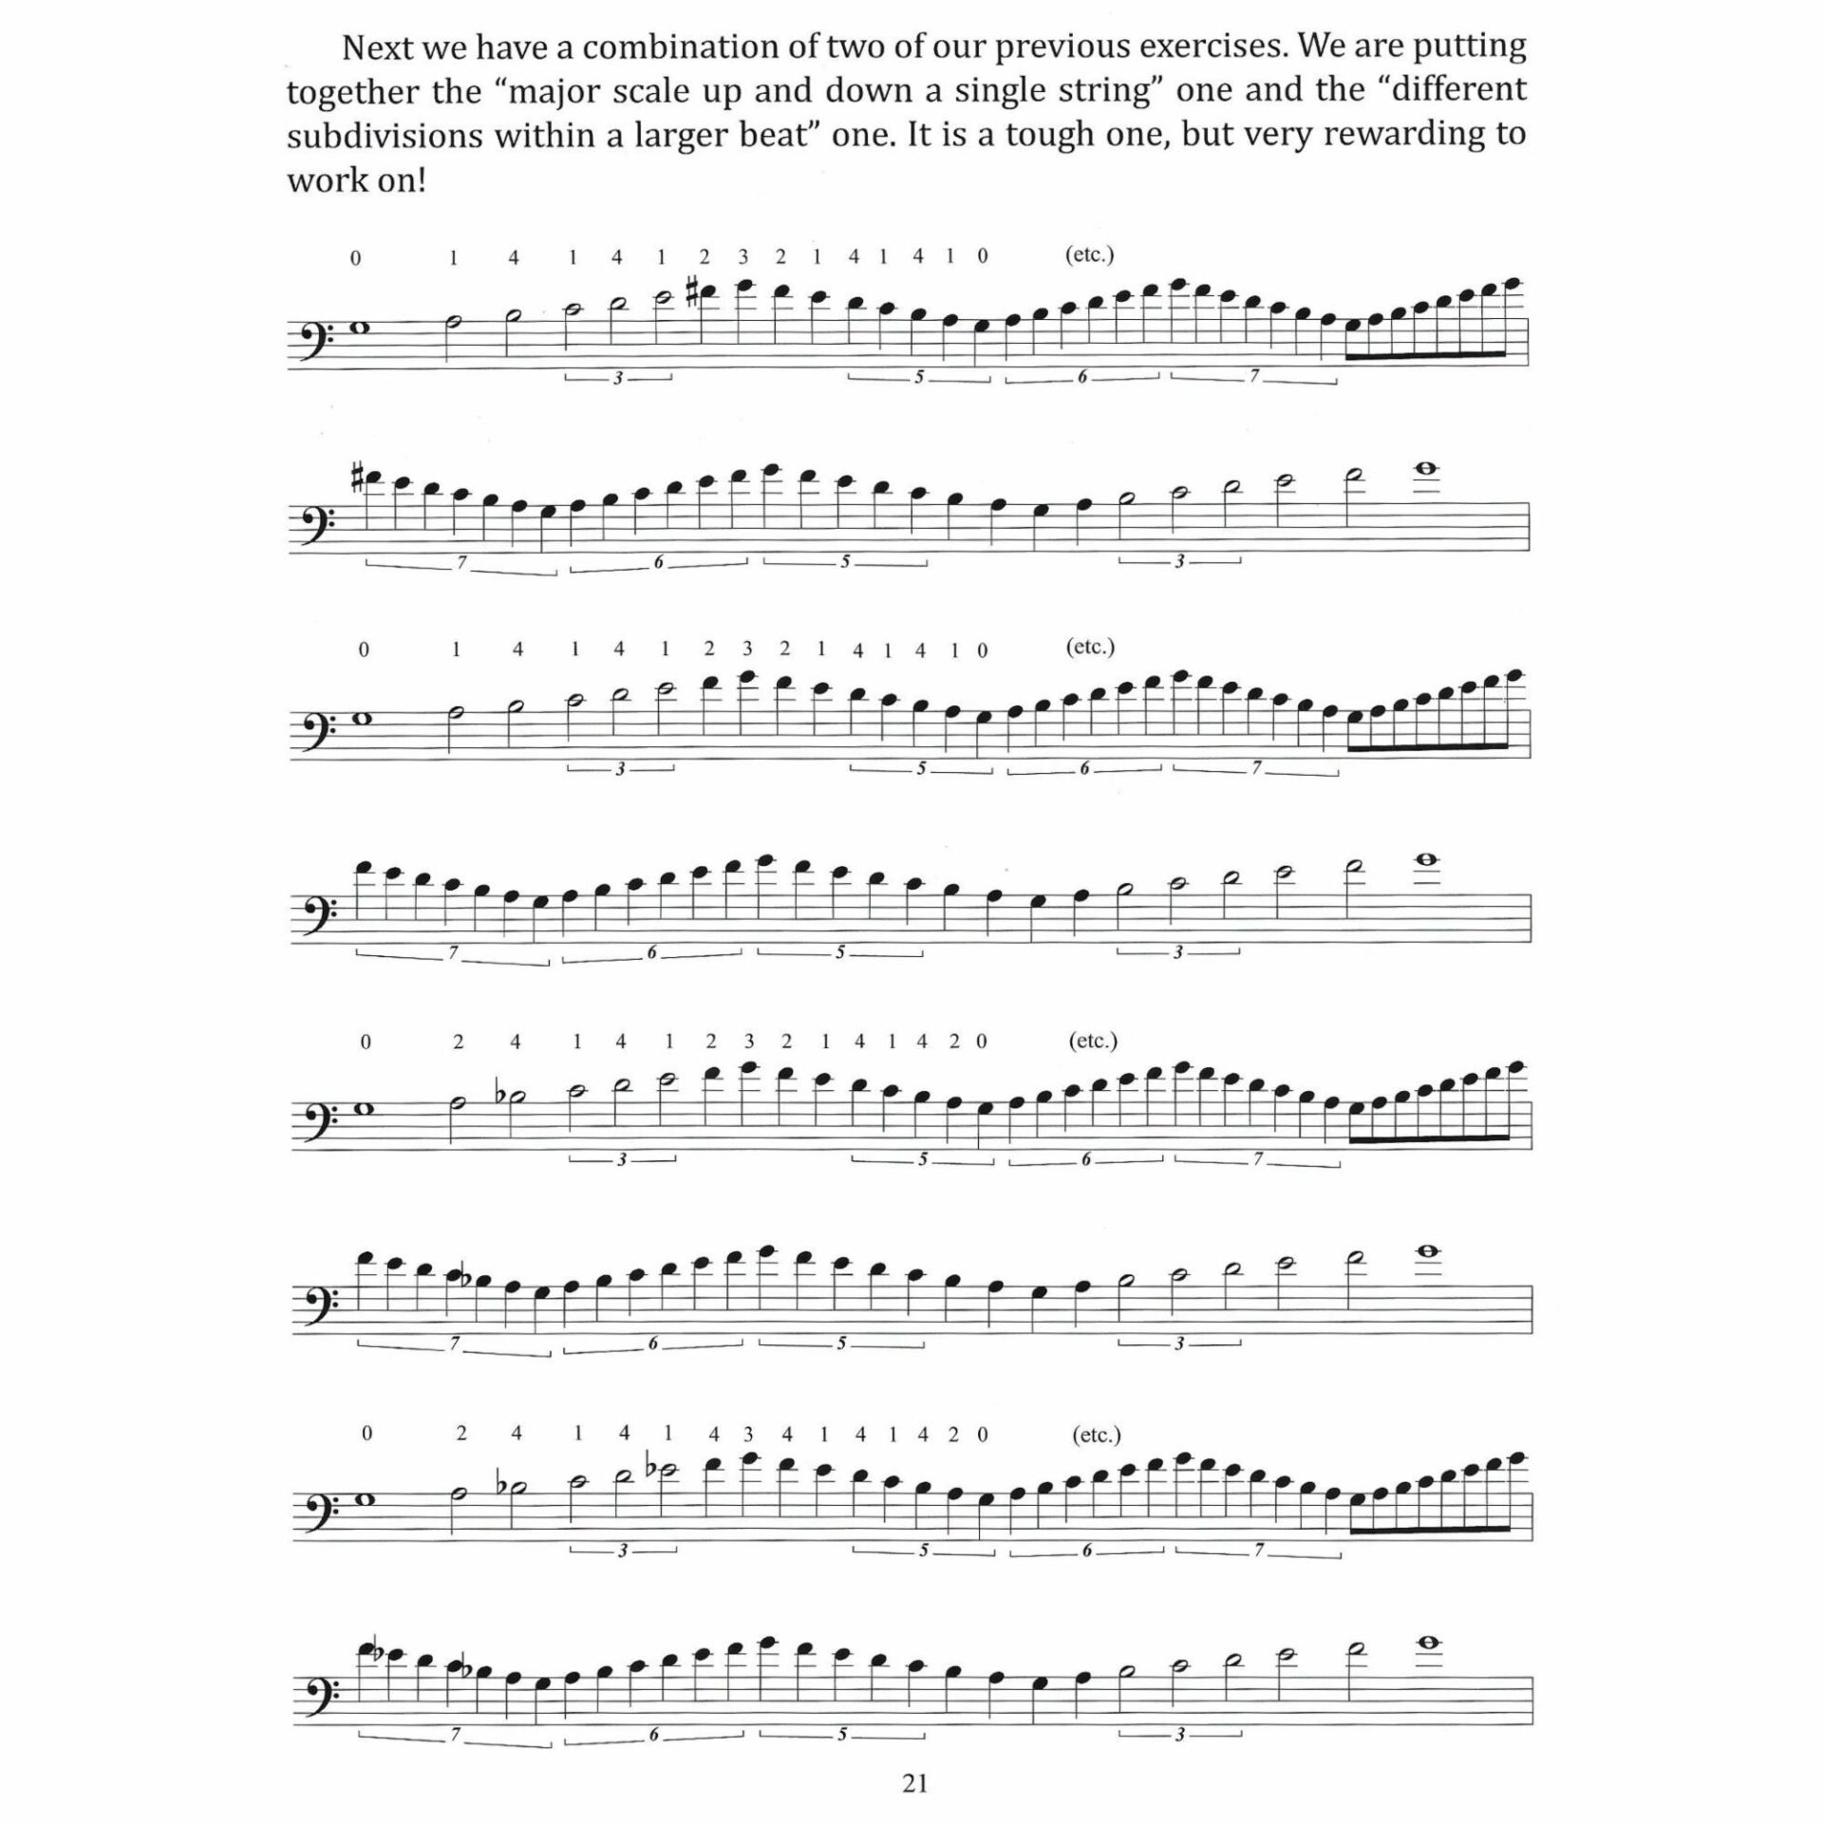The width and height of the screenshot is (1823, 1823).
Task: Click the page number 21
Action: pos(914,1783)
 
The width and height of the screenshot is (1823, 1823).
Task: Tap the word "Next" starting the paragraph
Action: pos(384,46)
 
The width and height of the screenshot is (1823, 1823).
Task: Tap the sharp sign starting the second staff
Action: pos(357,479)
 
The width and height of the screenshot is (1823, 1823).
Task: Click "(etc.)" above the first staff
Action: pos(1089,254)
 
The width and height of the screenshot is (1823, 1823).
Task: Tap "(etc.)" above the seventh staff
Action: pos(1097,1434)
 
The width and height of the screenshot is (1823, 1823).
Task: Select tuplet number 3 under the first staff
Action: pos(618,378)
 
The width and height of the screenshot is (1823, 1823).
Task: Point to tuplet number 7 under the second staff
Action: pos(461,562)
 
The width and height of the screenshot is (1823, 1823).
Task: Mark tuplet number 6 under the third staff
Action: pos(1083,770)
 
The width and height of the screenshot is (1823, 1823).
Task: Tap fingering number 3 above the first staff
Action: pos(742,255)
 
